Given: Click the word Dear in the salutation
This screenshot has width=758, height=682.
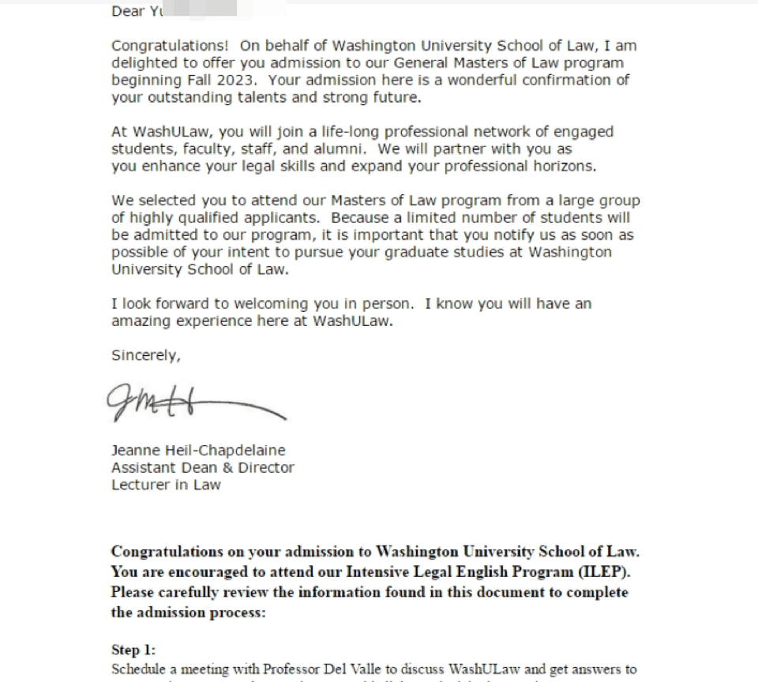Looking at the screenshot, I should coord(128,11).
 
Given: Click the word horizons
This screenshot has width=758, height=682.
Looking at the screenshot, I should coord(562,167).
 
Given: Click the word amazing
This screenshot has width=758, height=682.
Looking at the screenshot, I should coord(139,321).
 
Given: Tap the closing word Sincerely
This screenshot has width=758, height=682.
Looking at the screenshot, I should coord(145,356).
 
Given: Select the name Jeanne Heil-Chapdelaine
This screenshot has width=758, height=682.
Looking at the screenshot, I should coord(198,451).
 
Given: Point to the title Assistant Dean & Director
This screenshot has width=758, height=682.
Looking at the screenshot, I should coord(202,468).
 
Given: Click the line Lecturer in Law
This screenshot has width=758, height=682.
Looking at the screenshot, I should coord(166,485).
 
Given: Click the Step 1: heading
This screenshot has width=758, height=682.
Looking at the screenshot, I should coord(133,650).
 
